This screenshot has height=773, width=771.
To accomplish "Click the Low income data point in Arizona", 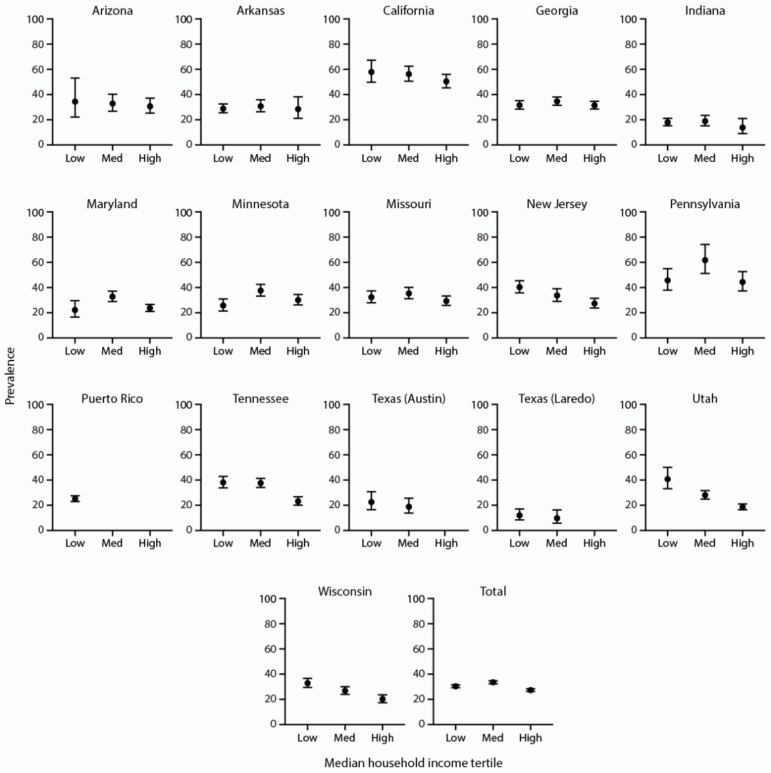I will (75, 102).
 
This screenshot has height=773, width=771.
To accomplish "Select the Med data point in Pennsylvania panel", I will (705, 260).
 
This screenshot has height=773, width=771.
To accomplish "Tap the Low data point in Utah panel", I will (668, 479).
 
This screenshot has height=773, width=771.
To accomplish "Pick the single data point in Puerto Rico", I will (75, 498).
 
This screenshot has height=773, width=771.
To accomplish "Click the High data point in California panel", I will (446, 81).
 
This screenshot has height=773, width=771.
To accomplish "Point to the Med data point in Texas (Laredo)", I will (557, 518).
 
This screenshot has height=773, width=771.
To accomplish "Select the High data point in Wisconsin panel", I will (383, 699).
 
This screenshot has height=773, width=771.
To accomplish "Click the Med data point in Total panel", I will (493, 682).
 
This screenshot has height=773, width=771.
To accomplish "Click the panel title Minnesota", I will (260, 204).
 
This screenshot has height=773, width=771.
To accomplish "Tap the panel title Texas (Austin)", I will (409, 398).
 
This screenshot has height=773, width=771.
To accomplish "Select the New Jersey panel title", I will (557, 204).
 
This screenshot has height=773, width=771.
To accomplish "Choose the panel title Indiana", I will (705, 11).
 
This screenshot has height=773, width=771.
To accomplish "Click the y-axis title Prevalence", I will (10, 375).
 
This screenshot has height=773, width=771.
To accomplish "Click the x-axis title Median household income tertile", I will (413, 763).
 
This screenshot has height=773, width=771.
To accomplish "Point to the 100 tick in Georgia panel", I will (480, 19).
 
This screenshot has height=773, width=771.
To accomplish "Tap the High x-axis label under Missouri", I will (446, 351).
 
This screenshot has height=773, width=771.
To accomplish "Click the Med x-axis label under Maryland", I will (112, 351).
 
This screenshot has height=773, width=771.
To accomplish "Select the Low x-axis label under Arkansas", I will (223, 158).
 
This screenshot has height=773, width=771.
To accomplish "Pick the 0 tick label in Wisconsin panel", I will (273, 724).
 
